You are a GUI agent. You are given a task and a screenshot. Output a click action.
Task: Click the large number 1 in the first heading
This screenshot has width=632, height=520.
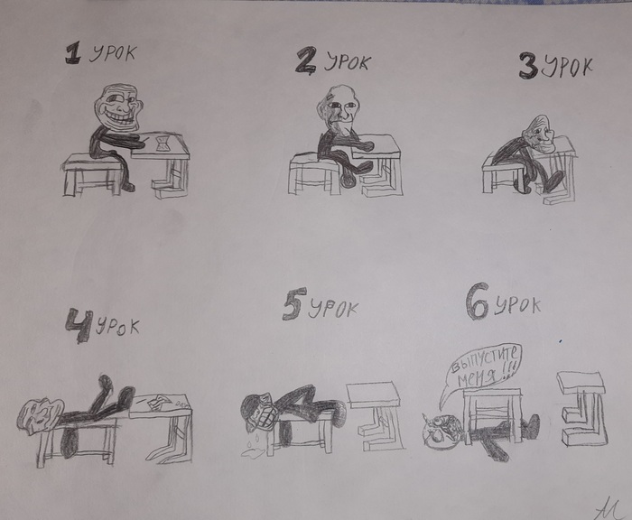click(71, 54)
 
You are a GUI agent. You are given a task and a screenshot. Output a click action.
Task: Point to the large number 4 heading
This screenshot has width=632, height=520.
click(79, 326)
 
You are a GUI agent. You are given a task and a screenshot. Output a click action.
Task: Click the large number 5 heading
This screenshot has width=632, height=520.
click(292, 308)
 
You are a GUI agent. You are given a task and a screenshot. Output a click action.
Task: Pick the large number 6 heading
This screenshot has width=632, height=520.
click(477, 305)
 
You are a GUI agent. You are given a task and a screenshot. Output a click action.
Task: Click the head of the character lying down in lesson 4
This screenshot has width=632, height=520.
click(39, 416)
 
